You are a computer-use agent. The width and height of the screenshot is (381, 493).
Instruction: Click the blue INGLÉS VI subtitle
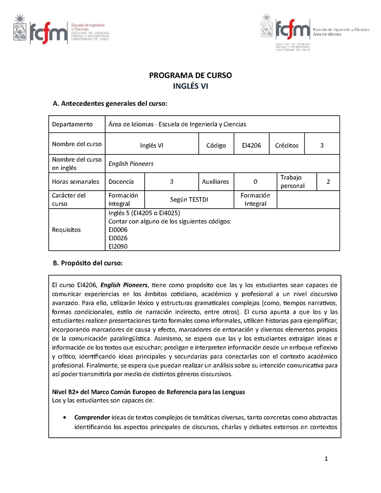pyautogui.click(x=190, y=86)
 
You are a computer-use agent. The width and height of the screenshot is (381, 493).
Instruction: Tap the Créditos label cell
pyautogui.click(x=287, y=145)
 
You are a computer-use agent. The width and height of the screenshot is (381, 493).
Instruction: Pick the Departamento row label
pyautogui.click(x=72, y=124)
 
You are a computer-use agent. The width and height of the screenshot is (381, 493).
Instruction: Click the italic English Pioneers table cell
pyautogui.click(x=131, y=163)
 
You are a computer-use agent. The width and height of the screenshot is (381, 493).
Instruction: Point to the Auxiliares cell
pyautogui.click(x=215, y=181)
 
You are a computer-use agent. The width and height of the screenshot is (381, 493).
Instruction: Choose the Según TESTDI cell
pyautogui.click(x=189, y=200)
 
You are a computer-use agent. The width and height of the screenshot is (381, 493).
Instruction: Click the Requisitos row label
pyautogui.click(x=67, y=230)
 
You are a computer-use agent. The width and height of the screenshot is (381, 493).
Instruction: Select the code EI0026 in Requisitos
pyautogui.click(x=118, y=238)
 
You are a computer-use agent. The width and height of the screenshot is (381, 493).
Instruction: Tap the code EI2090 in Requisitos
pyautogui.click(x=118, y=246)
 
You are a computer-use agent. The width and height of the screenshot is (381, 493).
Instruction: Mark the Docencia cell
pyautogui.click(x=121, y=181)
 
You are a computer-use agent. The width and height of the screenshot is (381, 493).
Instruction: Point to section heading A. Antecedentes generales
pyautogui.click(x=110, y=103)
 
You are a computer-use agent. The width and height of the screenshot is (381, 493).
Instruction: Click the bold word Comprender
pyautogui.click(x=92, y=417)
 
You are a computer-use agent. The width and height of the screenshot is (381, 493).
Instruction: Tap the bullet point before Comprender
pyautogui.click(x=64, y=417)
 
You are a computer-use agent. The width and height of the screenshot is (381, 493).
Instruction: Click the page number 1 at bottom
pyautogui.click(x=326, y=459)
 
